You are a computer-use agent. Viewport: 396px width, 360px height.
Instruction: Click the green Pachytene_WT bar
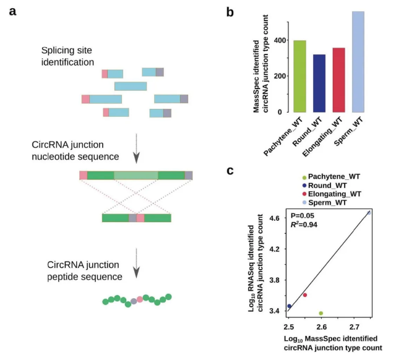pos(300,76)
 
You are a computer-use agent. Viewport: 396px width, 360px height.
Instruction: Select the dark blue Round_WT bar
pos(319,84)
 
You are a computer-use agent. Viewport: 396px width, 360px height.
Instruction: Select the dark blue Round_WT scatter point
pos(289,306)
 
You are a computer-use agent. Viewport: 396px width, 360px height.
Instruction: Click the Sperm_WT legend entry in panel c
pos(327,203)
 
